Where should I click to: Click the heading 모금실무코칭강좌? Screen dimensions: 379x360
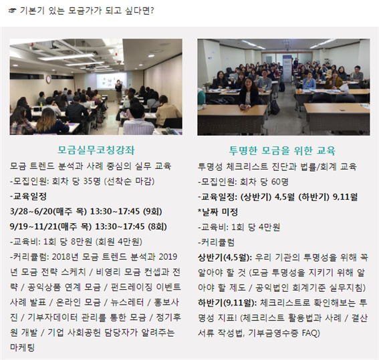(96, 150)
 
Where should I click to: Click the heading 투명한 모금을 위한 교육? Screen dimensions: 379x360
(282, 150)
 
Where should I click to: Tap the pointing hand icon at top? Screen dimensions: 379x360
(12, 11)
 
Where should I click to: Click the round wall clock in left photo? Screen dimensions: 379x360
(49, 79)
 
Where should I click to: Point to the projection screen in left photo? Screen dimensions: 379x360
(112, 80)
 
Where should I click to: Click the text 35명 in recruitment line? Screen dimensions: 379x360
(92, 181)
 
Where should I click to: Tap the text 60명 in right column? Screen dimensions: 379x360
(280, 182)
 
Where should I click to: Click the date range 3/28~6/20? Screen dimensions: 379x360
(31, 212)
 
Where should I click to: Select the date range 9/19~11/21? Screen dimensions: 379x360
(34, 226)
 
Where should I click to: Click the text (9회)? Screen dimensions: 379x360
(152, 212)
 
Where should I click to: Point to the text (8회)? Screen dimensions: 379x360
(157, 226)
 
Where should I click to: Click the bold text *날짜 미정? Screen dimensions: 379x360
(218, 212)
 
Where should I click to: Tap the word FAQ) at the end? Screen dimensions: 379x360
(311, 333)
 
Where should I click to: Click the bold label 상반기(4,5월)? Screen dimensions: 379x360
(225, 258)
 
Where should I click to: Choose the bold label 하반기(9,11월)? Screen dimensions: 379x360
(227, 303)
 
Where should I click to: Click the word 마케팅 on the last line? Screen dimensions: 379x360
(22, 348)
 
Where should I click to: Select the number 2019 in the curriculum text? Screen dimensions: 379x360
(168, 256)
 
